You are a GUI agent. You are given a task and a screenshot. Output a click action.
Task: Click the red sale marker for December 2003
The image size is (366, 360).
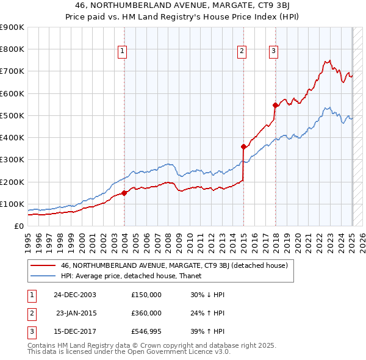coord(124,193)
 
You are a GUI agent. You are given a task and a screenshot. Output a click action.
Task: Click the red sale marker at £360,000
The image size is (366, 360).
coord(243,146)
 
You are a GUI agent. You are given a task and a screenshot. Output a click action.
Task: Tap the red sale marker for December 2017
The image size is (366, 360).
coord(275,105)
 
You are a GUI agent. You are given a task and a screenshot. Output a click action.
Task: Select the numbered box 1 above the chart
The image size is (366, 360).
coord(123,51)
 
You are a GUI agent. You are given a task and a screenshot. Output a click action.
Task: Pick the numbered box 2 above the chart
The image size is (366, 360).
coord(242,51)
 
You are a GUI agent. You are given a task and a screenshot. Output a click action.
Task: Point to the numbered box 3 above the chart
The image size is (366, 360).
coord(274,51)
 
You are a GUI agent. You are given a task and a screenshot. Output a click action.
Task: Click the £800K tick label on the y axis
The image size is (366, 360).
coord(12,49)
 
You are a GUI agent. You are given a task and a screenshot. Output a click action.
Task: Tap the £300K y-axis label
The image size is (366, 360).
coord(12,160)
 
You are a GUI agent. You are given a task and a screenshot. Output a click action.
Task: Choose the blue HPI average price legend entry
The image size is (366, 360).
coord(135,276)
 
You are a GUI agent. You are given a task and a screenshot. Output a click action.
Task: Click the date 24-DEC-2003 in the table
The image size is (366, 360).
coord(75,294)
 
